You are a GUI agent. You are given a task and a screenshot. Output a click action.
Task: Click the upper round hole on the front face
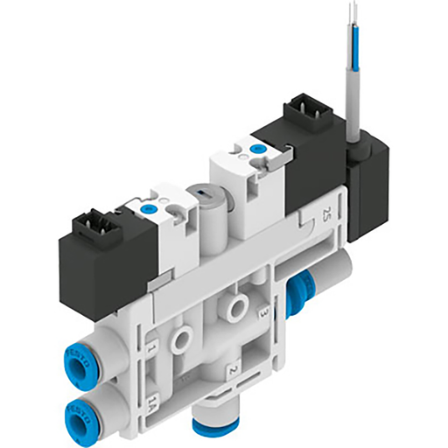point(234,306)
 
